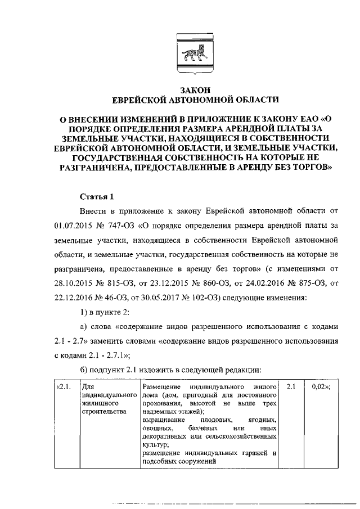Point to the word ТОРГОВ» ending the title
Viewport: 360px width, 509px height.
pos(312,166)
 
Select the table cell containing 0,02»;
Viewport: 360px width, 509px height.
pos(319,388)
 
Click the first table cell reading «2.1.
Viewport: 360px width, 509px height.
pos(64,388)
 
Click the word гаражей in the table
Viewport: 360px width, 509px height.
pos(251,453)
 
